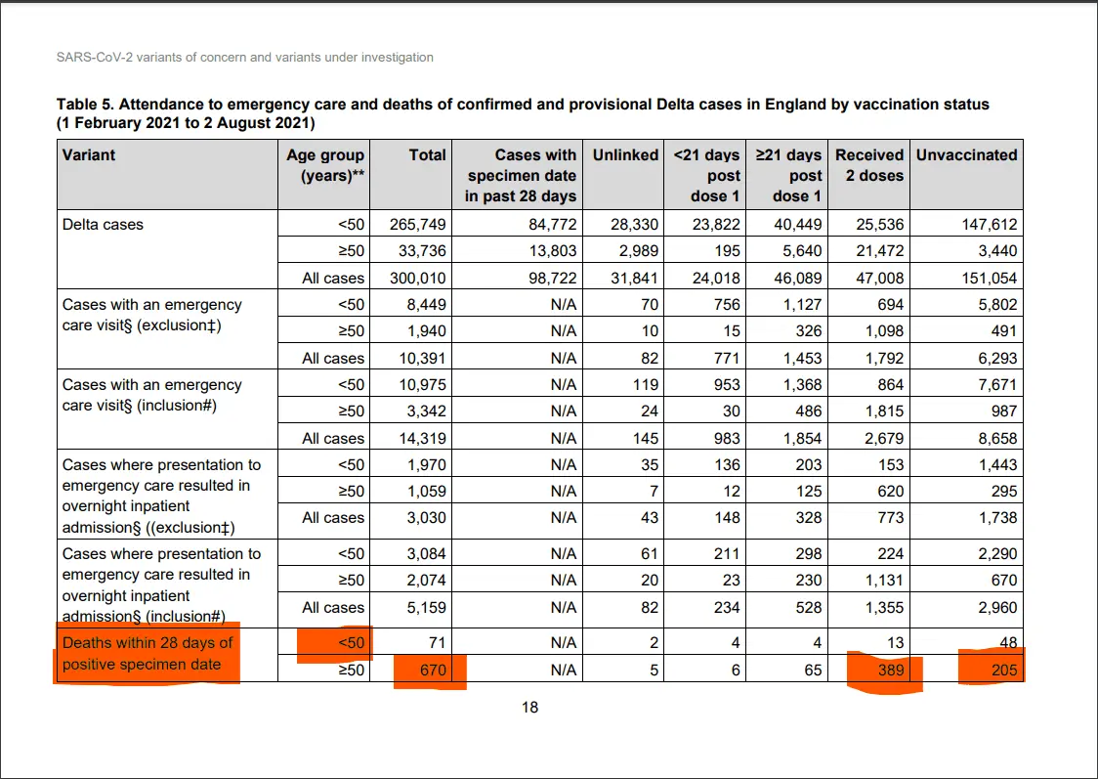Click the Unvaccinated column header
click(966, 154)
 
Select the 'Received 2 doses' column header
click(868, 165)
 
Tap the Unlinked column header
click(625, 154)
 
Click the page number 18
click(529, 708)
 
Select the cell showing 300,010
click(417, 278)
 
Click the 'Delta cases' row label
click(103, 224)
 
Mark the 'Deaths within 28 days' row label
click(148, 654)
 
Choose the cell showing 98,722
click(544, 278)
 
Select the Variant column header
click(89, 154)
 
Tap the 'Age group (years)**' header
click(325, 165)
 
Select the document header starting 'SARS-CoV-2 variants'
click(245, 58)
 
